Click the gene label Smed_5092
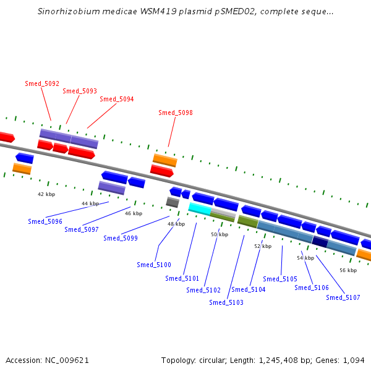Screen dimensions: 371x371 click(x=42, y=83)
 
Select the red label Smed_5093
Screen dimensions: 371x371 click(x=80, y=91)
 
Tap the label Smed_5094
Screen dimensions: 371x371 click(x=117, y=99)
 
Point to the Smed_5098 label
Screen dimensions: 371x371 click(x=176, y=113)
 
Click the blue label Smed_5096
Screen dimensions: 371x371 click(x=45, y=221)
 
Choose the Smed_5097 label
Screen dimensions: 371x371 click(x=82, y=229)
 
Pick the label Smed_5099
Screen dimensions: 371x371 click(x=121, y=238)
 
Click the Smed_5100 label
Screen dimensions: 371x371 click(x=154, y=265)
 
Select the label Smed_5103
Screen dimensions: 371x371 click(x=226, y=302)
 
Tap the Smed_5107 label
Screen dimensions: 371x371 click(x=343, y=297)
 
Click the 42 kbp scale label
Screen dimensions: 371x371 click(x=46, y=194)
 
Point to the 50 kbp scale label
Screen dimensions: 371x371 click(x=220, y=234)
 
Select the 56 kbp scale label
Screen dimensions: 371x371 click(x=348, y=270)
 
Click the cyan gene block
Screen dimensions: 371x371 click(x=200, y=208)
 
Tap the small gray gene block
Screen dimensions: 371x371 click(x=173, y=202)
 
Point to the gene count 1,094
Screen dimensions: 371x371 click(x=354, y=360)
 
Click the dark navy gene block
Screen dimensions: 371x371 click(x=320, y=242)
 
